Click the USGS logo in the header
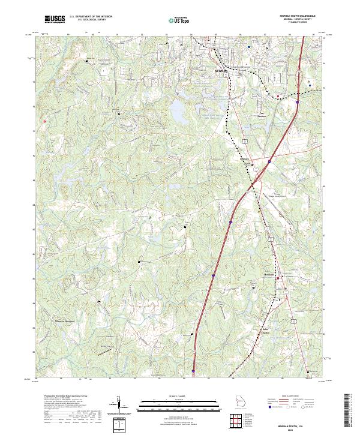55,19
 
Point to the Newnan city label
221,70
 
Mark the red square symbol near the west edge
44,120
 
